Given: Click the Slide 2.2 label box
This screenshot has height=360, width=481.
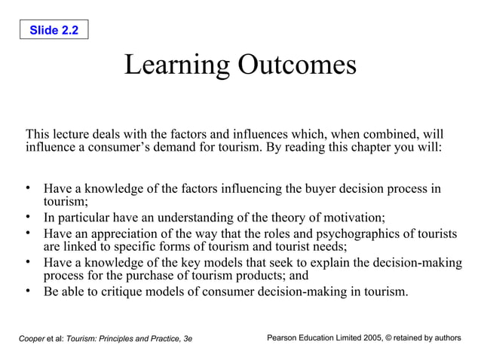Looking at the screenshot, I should tap(54, 30).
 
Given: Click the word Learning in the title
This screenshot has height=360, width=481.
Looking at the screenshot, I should tap(176, 66).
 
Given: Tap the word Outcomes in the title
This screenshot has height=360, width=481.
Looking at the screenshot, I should tap(297, 66).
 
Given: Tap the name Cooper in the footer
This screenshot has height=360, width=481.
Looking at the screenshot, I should tap(31, 339).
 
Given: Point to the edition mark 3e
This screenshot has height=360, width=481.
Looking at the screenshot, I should tap(187, 339).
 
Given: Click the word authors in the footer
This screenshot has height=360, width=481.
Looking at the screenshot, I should tap(445, 338).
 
